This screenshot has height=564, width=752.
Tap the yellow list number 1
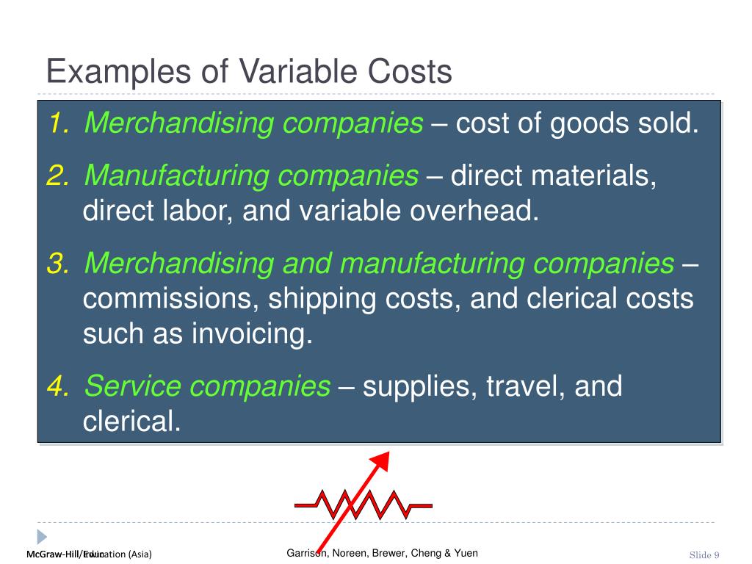click(58, 124)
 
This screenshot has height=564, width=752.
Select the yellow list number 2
click(57, 176)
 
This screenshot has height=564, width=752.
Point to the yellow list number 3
click(57, 264)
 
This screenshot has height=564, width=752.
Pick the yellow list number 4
click(57, 386)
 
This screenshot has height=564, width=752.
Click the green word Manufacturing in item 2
click(176, 176)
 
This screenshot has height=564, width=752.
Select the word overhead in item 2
click(474, 211)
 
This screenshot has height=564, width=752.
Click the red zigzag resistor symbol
click(364, 505)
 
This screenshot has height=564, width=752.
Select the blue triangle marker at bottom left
click(42, 536)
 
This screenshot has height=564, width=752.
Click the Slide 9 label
click(704, 554)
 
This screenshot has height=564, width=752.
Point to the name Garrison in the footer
click(307, 553)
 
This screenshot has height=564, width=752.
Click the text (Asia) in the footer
click(139, 554)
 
